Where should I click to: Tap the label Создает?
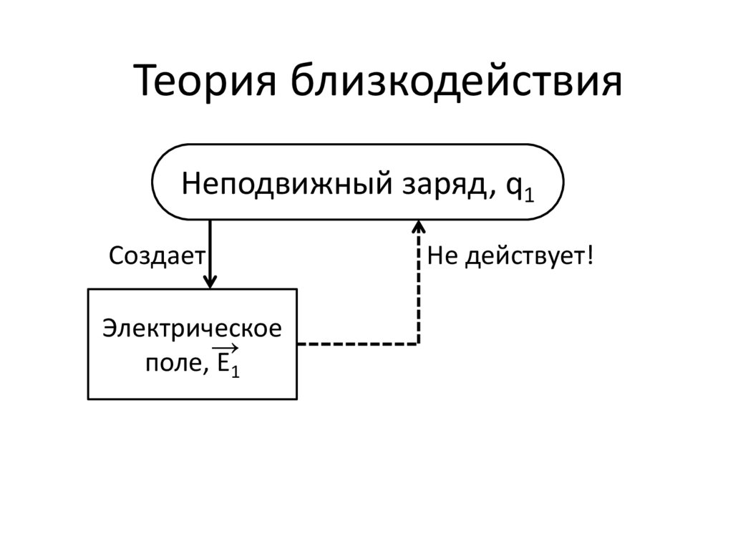[x=157, y=256]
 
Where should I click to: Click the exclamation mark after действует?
[x=591, y=255]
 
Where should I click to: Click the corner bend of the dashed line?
[x=419, y=344]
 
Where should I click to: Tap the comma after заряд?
[x=495, y=194]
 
